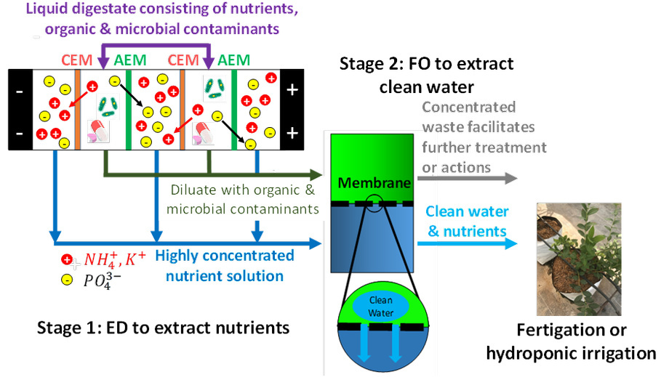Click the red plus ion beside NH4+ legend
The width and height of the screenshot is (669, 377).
pyautogui.click(x=67, y=259)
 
